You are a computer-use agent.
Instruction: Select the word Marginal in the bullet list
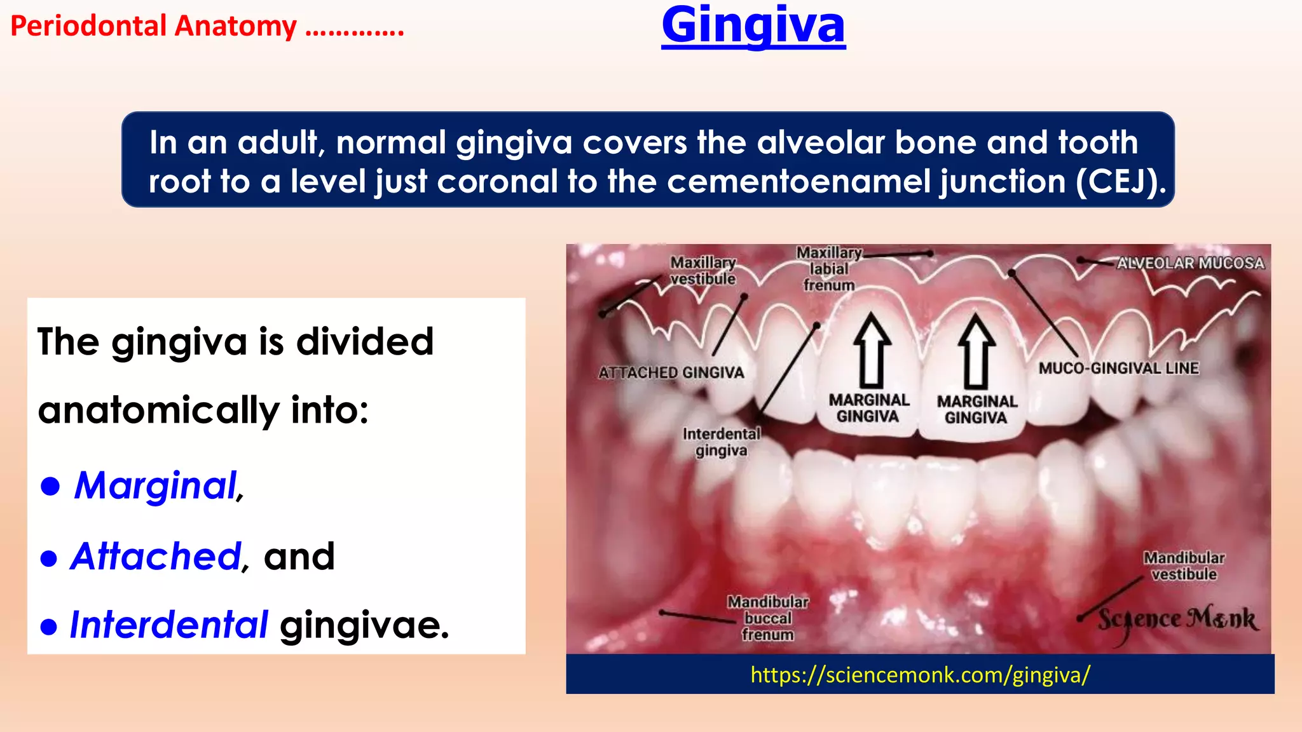point(156,486)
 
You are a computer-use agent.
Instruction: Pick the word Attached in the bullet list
point(156,557)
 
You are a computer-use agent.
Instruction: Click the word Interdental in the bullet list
point(169,625)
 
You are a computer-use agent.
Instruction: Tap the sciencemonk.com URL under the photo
point(920,675)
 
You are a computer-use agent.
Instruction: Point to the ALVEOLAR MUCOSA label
point(1190,263)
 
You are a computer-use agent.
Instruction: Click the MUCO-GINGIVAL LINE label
point(1118,369)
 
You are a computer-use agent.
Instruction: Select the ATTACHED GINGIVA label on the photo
point(671,373)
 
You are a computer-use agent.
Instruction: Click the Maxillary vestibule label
point(702,271)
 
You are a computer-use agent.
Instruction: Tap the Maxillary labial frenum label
point(828,269)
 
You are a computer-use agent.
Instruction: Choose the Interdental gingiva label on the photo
point(721,442)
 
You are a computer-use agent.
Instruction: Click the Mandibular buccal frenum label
point(768,618)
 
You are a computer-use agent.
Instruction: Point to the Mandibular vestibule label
point(1184,566)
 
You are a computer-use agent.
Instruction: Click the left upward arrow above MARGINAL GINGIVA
point(872,350)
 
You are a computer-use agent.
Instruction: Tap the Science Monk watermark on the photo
point(1177,620)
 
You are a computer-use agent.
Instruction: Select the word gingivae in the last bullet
point(364,625)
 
